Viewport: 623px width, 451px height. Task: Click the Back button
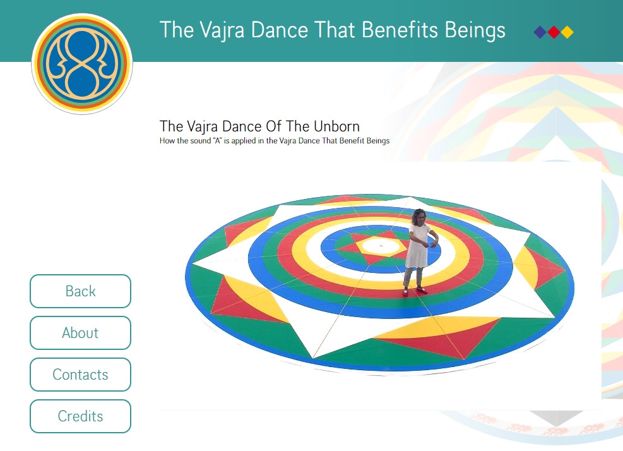point(80,291)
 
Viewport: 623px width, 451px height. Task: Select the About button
point(80,333)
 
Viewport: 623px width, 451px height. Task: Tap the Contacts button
point(80,375)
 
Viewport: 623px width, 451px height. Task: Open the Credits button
point(80,416)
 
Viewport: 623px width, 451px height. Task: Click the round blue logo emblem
point(82,64)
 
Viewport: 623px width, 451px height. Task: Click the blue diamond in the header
point(540,32)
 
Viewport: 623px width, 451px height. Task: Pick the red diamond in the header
point(554,32)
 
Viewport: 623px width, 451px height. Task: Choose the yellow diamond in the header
point(567,32)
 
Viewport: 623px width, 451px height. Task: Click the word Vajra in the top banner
point(222,30)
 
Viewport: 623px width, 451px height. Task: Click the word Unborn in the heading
point(336,126)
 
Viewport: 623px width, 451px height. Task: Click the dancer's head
point(418,217)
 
